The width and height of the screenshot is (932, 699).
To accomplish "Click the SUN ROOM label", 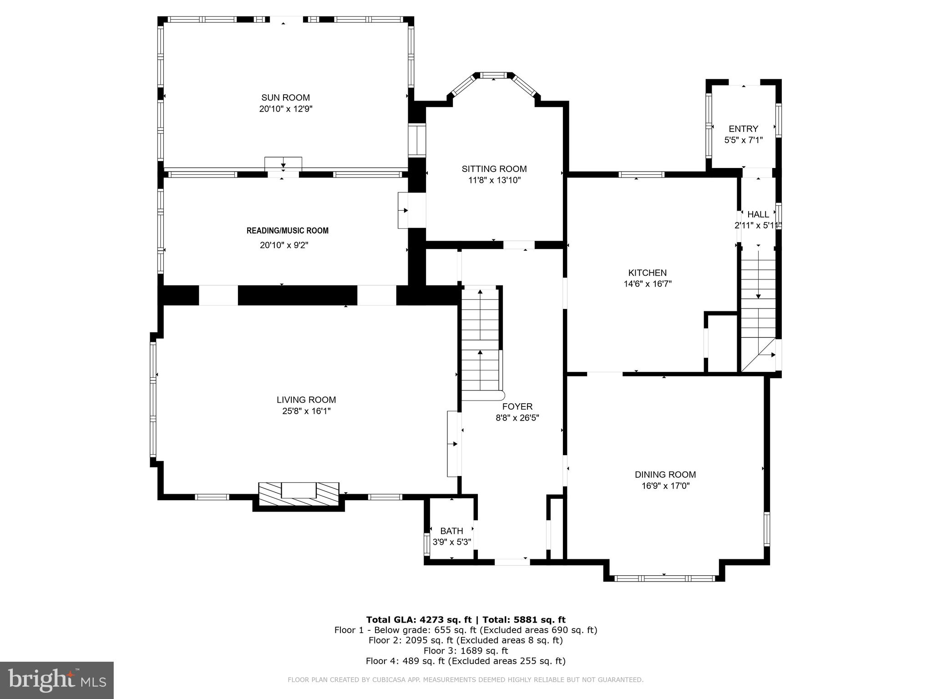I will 285,97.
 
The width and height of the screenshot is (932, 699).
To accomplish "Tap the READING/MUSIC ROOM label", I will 287,231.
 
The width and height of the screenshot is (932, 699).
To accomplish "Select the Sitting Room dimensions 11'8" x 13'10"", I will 494,180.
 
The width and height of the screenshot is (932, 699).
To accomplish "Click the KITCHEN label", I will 647,273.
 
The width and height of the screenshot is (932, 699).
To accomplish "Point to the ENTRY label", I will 743,129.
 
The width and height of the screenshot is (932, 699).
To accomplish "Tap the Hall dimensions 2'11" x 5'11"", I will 758,225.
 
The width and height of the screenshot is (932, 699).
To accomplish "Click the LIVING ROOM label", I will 306,400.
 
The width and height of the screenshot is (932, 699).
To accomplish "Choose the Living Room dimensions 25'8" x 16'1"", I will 306,411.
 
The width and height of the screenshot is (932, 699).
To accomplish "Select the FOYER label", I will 517,406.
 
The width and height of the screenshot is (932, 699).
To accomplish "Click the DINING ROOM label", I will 665,475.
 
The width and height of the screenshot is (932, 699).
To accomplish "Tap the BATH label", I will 451,531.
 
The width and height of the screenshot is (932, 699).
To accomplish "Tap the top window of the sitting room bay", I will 494,75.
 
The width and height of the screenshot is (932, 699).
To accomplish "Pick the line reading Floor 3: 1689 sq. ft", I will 466,651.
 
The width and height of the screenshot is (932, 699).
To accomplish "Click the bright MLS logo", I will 57,680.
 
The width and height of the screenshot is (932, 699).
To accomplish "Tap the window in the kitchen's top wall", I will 641,174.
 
